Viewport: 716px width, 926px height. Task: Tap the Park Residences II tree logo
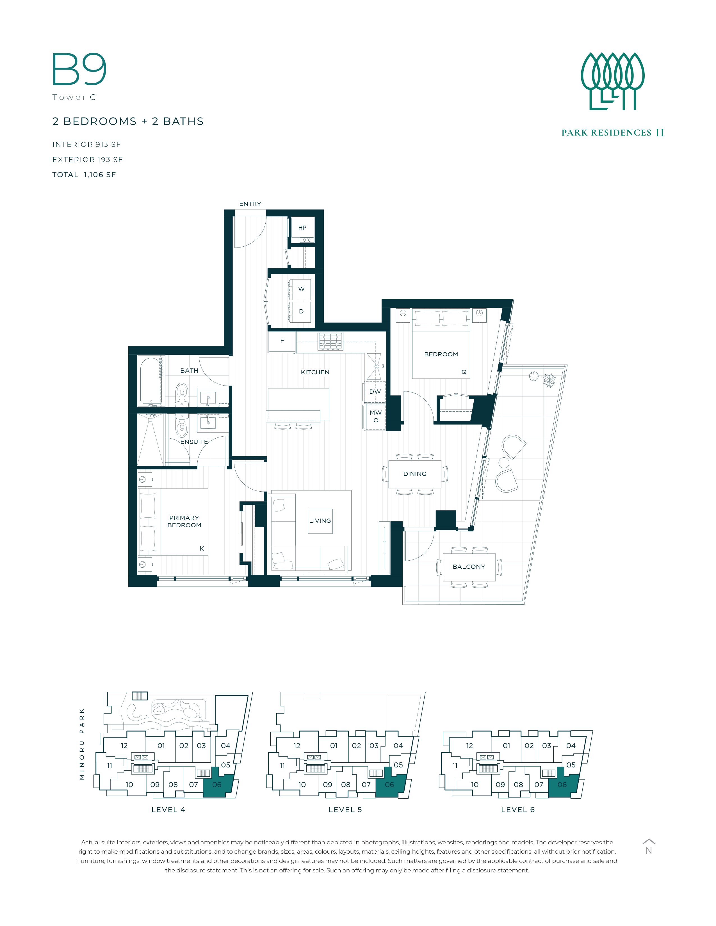[612, 81]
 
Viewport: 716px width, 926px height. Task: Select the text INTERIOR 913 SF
[86, 145]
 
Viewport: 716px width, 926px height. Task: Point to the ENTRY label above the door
[250, 204]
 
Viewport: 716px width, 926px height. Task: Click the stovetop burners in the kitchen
[330, 341]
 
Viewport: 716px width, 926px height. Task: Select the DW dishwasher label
[375, 392]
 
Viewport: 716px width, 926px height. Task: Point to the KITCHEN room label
[315, 372]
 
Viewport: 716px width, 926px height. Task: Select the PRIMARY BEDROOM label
[184, 522]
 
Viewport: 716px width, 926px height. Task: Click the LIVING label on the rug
[320, 521]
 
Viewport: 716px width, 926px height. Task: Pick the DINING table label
[415, 474]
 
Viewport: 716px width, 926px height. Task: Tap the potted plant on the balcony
[549, 380]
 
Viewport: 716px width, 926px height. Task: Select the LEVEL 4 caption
[168, 810]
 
